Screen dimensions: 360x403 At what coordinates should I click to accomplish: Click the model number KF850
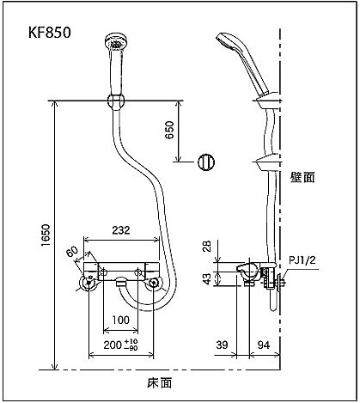tap(49, 33)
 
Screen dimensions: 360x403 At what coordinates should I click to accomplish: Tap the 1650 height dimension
tap(46, 235)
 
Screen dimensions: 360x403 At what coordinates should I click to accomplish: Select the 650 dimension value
tap(169, 130)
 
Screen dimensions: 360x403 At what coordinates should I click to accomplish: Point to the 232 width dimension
tap(121, 230)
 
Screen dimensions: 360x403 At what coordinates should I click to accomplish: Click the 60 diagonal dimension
tap(72, 252)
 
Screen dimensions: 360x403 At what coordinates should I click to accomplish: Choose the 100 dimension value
tap(120, 320)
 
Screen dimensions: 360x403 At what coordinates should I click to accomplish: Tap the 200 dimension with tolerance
tap(120, 345)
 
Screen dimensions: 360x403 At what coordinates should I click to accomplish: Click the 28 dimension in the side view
tap(207, 246)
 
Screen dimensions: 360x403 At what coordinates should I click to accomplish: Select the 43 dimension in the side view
tap(207, 278)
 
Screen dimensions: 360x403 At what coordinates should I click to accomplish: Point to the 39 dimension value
tap(223, 345)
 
